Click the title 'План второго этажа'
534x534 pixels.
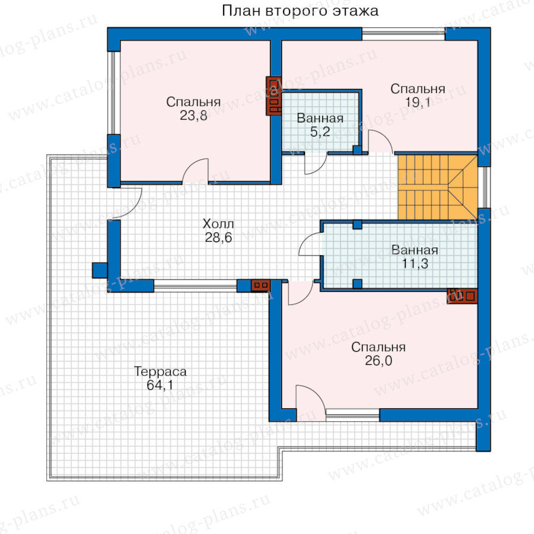[300, 11]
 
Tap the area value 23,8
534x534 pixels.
[193, 116]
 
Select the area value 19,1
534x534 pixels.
[418, 102]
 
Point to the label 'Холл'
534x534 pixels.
[218, 224]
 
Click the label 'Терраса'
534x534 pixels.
[160, 371]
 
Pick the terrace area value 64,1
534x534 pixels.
[160, 385]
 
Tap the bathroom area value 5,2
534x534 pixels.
[320, 132]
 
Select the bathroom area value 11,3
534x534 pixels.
[415, 263]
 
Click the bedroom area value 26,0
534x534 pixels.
[379, 360]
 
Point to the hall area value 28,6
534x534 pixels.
[218, 237]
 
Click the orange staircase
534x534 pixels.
[438, 187]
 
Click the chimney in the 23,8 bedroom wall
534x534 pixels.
[274, 96]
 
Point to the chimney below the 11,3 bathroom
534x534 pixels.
[462, 295]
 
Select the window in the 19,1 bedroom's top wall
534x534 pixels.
[403, 34]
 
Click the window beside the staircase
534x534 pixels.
[484, 187]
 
